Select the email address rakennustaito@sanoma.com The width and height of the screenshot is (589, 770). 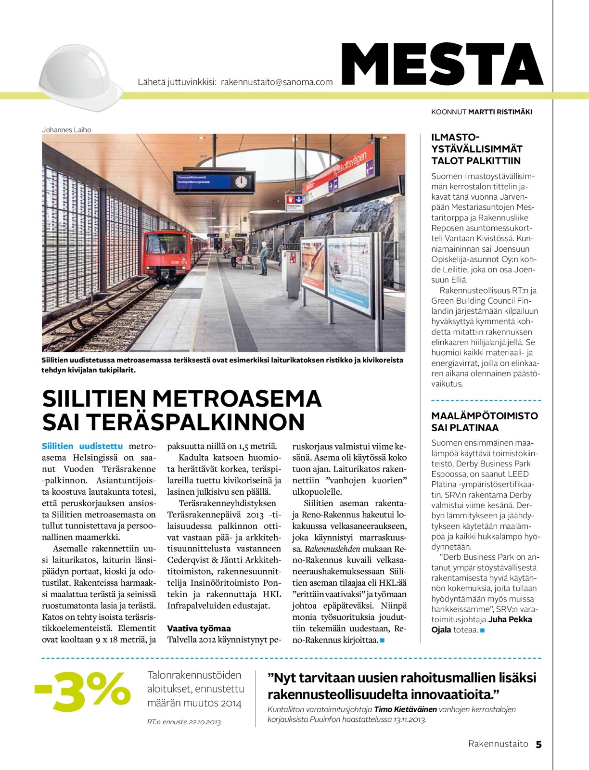(x=277, y=82)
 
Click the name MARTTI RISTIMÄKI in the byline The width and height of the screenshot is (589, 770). (x=500, y=112)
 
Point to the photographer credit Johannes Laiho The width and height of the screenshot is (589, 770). (x=66, y=130)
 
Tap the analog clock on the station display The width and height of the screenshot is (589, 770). (x=241, y=181)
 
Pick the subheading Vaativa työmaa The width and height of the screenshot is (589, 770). (x=199, y=629)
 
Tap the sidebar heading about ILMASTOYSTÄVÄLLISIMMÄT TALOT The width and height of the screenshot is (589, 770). (x=476, y=149)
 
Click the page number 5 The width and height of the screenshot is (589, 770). (x=538, y=744)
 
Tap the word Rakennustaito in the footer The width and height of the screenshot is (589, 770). (x=498, y=744)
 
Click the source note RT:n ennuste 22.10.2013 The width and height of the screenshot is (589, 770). (x=184, y=722)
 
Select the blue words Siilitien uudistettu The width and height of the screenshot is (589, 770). (x=82, y=446)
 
